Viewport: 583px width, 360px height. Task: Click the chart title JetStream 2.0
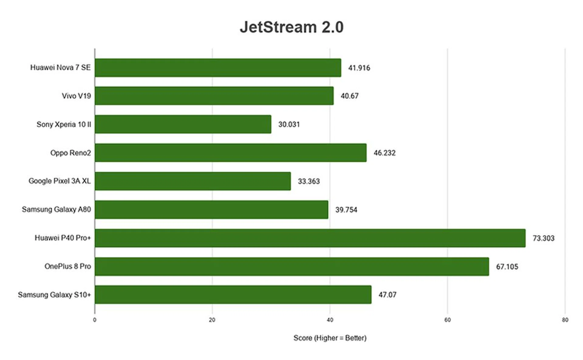[291, 27]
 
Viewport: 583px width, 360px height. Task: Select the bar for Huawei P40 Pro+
[310, 238]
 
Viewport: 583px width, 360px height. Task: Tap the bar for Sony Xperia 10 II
[183, 124]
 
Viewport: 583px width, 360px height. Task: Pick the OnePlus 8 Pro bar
[291, 267]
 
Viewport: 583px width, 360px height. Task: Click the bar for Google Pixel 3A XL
[193, 181]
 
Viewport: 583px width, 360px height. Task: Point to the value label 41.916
[359, 68]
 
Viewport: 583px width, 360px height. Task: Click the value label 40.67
[349, 96]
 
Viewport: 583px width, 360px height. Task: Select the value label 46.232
[384, 153]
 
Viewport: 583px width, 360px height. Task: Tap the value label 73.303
[544, 238]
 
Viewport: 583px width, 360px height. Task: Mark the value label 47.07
[387, 295]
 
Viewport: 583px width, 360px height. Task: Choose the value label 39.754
[346, 210]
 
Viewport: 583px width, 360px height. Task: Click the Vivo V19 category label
[76, 96]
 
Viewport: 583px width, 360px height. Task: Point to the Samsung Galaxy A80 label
[56, 209]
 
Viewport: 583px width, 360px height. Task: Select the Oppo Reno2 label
[70, 153]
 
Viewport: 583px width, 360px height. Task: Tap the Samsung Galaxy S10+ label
[54, 295]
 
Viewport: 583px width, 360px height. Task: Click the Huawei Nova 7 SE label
[60, 67]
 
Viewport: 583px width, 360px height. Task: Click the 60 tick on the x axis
[447, 320]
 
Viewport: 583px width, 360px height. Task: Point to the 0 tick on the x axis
[95, 320]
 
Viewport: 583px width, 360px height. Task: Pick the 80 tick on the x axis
[565, 320]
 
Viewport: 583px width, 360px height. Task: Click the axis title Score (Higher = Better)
[330, 338]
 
